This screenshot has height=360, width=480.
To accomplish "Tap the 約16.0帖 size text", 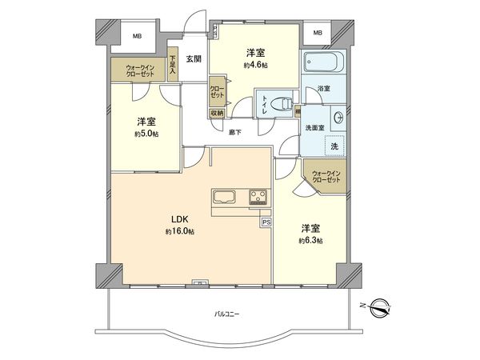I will point(179,231).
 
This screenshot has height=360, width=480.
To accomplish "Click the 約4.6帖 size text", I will point(254,65).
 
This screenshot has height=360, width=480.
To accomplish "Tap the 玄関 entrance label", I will point(194,58).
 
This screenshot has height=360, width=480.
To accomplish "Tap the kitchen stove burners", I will point(258,196).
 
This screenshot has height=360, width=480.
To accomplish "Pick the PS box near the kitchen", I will point(266,222).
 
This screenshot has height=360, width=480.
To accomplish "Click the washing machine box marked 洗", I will point(335,146).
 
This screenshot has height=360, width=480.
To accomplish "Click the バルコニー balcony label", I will point(226,314).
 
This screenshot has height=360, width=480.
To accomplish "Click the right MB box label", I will point(318,33).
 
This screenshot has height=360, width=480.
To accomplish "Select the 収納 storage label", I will point(217,113).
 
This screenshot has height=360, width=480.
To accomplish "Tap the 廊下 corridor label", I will point(235,132).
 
